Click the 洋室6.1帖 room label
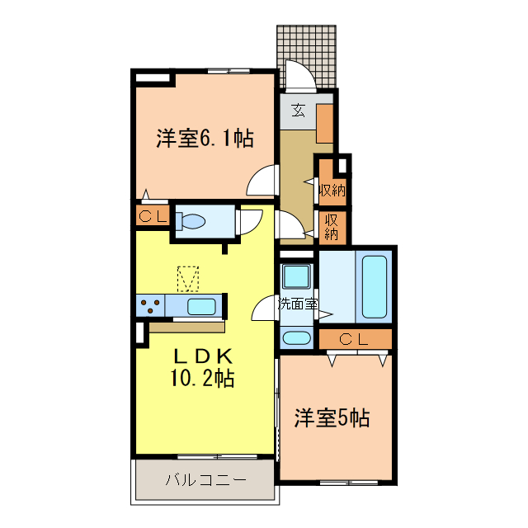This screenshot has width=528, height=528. coord(204,139)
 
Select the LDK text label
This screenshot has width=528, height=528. coord(204,356)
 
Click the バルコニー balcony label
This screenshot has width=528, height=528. coord(205,480)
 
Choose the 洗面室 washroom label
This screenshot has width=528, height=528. coord(298,303)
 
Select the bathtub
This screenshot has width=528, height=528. coord(374,287)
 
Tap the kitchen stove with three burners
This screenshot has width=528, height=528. coord(151,307)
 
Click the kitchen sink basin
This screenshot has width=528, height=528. coord(201,307)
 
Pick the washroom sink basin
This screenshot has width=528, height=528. coord(295,337)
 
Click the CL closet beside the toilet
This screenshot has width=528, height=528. coord(153,217)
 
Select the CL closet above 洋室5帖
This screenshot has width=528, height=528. coord(355,338)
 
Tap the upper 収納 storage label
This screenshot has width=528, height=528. coord(332,190)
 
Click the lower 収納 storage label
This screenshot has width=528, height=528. coord(332,226)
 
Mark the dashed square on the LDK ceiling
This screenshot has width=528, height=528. coord(189,278)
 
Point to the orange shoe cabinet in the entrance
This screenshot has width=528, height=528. coord(324,123)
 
